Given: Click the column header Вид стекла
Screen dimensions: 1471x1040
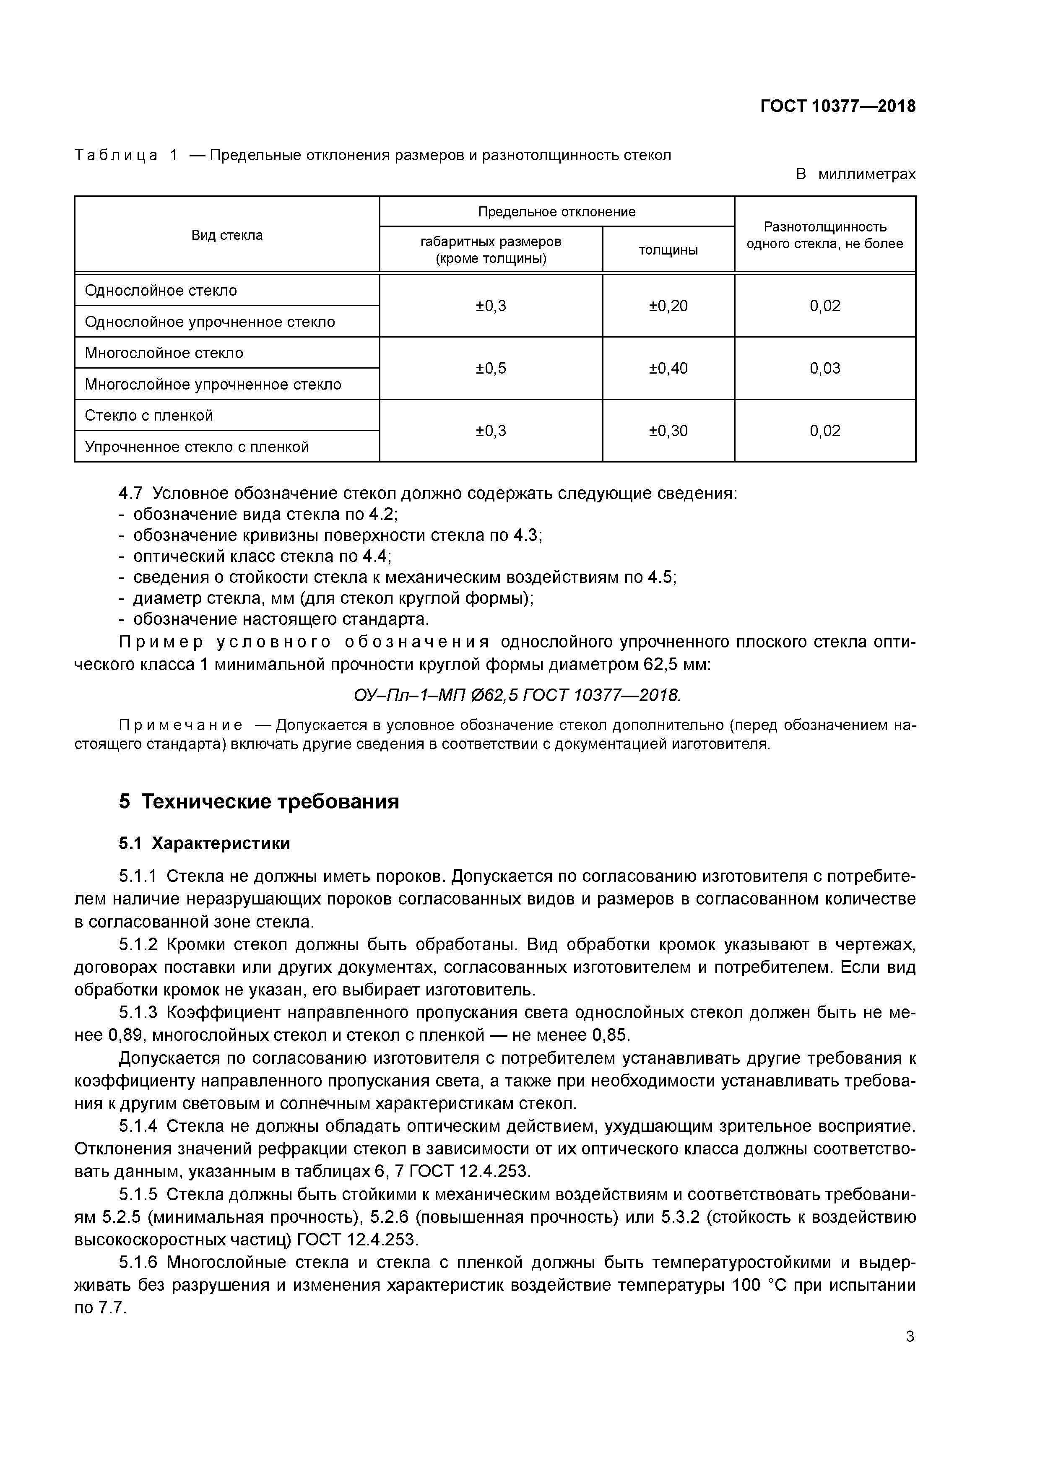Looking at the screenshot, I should (x=227, y=235).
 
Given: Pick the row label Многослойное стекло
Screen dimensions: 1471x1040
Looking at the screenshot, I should (x=164, y=353).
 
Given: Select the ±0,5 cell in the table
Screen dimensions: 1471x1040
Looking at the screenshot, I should (x=491, y=369).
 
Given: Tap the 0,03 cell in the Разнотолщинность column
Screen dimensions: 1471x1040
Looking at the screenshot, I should (x=825, y=369).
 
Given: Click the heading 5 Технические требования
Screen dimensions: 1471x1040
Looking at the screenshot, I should (x=259, y=801).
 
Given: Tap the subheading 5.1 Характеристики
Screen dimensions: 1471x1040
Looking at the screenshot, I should (x=204, y=843).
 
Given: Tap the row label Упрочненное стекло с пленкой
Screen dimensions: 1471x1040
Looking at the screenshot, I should (x=197, y=447).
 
